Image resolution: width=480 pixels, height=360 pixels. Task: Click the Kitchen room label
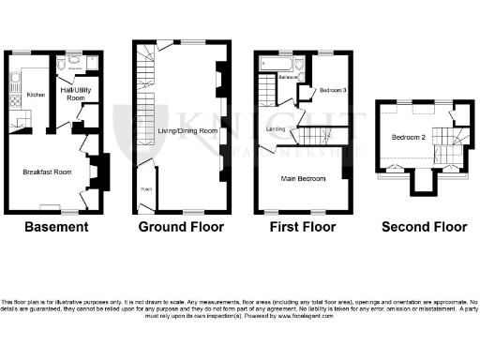coord(35,95)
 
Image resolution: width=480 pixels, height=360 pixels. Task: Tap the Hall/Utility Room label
coord(75,92)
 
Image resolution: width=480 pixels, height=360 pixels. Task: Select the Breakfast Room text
coord(47,172)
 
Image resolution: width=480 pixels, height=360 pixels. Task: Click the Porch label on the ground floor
coord(145,188)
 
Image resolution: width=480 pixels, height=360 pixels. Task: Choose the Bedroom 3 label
coord(333,90)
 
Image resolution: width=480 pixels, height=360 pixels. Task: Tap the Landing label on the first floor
coord(277,129)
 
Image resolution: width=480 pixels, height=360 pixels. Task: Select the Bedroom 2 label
coord(410,138)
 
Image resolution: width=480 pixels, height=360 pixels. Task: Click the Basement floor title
coord(56,227)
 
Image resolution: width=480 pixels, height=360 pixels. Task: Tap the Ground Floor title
coord(181,227)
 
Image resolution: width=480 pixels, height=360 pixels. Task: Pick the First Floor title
coord(302,227)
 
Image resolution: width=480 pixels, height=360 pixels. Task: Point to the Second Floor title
coord(425,227)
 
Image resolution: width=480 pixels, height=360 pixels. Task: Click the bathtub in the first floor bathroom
coord(276,63)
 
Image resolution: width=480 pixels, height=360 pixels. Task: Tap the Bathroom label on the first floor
coord(288,77)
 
